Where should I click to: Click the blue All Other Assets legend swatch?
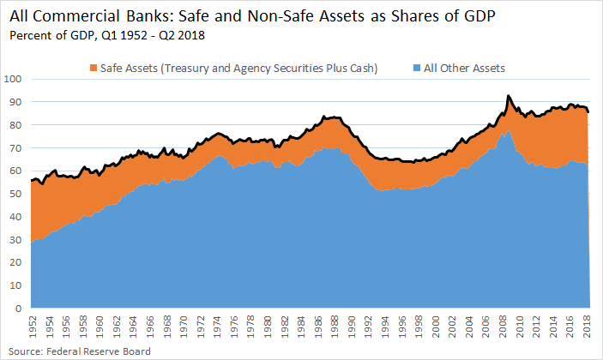coord(416,68)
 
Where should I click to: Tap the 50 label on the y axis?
coord(17,194)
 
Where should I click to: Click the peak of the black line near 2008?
coord(509,96)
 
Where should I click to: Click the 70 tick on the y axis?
coord(17,147)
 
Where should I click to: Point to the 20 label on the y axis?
coord(17,262)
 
